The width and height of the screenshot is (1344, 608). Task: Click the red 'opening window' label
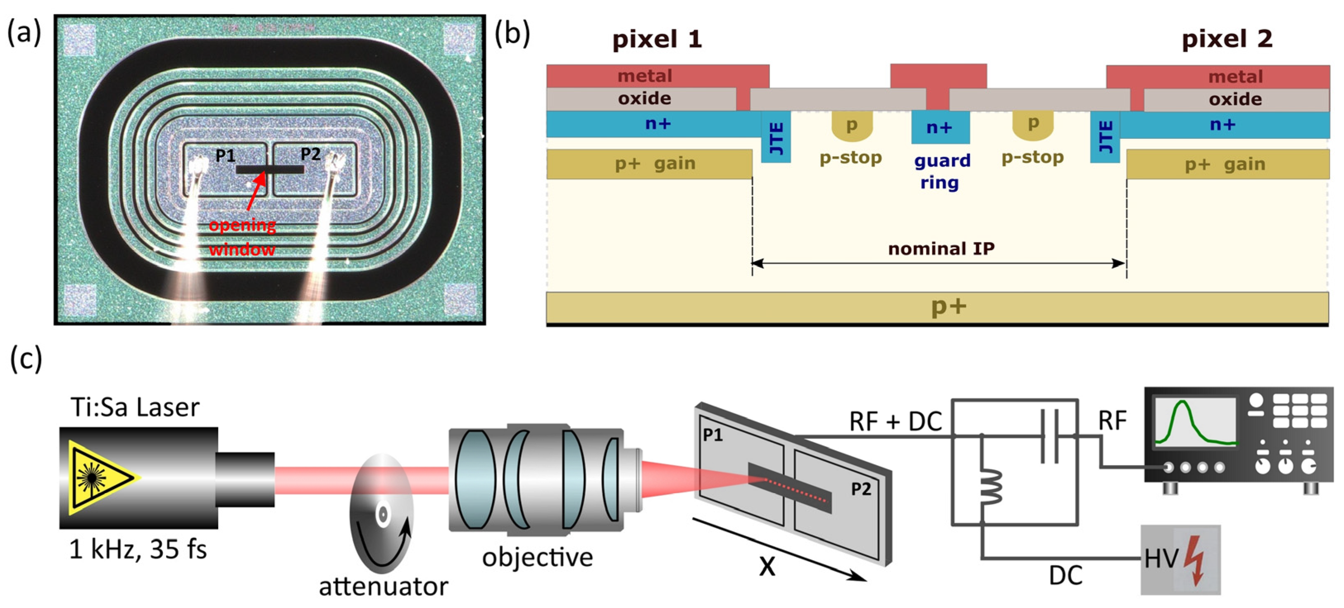(x=242, y=237)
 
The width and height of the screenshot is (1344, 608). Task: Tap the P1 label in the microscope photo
(x=225, y=155)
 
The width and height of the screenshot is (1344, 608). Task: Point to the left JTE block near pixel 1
(x=776, y=137)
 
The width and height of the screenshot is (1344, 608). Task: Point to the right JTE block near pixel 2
(x=1105, y=137)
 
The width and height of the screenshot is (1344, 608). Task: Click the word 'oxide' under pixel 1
(x=644, y=99)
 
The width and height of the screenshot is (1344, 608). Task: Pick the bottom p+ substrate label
(x=948, y=306)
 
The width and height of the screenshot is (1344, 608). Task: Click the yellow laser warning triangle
(x=102, y=477)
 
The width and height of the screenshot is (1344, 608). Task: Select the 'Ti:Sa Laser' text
(x=135, y=407)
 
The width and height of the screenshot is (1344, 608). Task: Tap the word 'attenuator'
(x=384, y=586)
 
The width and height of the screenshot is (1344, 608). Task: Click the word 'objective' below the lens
(x=537, y=557)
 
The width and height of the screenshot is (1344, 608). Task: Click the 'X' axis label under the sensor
(x=767, y=565)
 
